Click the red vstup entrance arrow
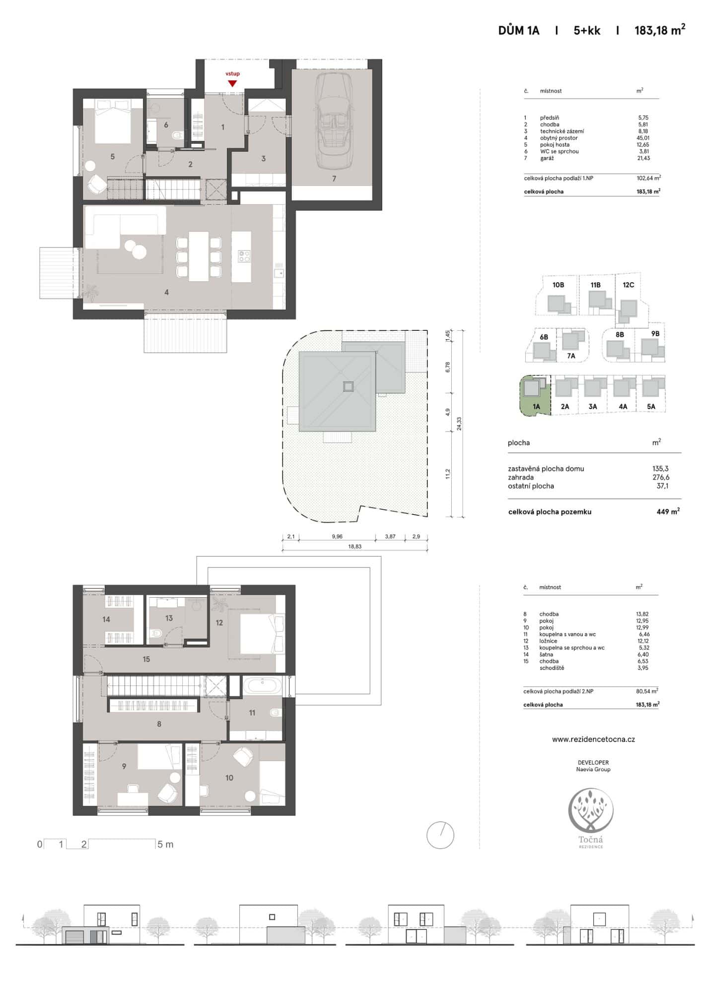click(232, 83)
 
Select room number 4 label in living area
click(166, 293)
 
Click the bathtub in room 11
click(262, 686)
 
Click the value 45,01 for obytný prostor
click(643, 138)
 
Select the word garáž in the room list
click(547, 158)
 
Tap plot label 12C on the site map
click(628, 285)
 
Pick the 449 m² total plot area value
click(668, 511)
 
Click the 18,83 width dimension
click(354, 547)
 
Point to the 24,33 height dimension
click(459, 423)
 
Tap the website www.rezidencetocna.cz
click(593, 739)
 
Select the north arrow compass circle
click(440, 835)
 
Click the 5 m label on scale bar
click(165, 844)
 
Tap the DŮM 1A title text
click(518, 31)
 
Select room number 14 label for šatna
click(106, 619)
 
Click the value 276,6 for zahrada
click(660, 477)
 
